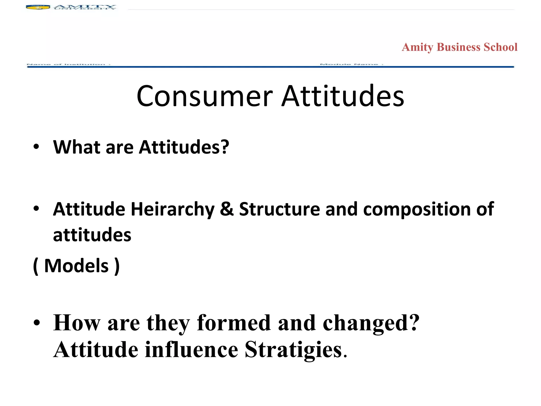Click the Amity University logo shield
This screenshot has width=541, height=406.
(x=38, y=7)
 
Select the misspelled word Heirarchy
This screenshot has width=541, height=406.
(x=172, y=209)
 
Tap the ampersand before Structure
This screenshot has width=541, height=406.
(x=227, y=209)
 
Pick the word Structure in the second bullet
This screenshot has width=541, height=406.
(x=279, y=209)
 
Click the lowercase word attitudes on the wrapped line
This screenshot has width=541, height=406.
(x=92, y=235)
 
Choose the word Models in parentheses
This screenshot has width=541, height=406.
(x=76, y=266)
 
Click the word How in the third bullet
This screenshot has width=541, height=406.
(x=77, y=323)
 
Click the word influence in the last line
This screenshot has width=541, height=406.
(x=192, y=349)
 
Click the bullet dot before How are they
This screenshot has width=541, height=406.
(x=36, y=323)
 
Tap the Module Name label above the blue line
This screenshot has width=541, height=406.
(x=351, y=64)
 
